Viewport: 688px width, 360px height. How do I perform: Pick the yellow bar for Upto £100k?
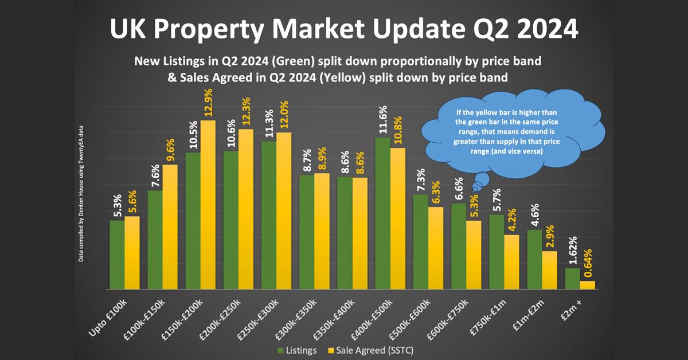pyautogui.click(x=132, y=252)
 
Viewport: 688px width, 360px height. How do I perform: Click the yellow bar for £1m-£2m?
pyautogui.click(x=549, y=270)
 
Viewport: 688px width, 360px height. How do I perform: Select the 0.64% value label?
pyautogui.click(x=587, y=261)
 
